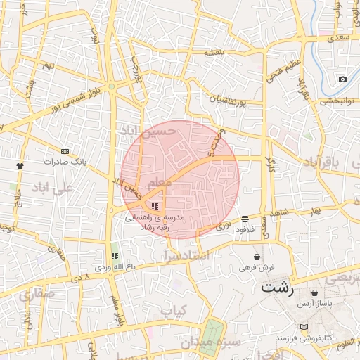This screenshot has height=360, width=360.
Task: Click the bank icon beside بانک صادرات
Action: pyautogui.click(x=65, y=151)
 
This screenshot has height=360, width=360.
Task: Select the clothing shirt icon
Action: pyautogui.click(x=20, y=166)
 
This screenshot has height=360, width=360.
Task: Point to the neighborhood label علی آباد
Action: pyautogui.click(x=53, y=188)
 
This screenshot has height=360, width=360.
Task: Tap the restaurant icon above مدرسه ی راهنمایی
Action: pyautogui.click(x=155, y=205)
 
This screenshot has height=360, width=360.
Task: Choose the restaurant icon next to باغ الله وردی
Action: pyautogui.click(x=115, y=256)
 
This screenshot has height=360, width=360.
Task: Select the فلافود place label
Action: pyautogui.click(x=245, y=229)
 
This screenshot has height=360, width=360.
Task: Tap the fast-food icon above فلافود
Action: pyautogui.click(x=244, y=219)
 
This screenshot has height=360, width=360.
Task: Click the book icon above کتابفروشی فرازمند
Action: pyautogui.click(x=304, y=328)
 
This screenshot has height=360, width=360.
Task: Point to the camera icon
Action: pyautogui.click(x=342, y=79)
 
